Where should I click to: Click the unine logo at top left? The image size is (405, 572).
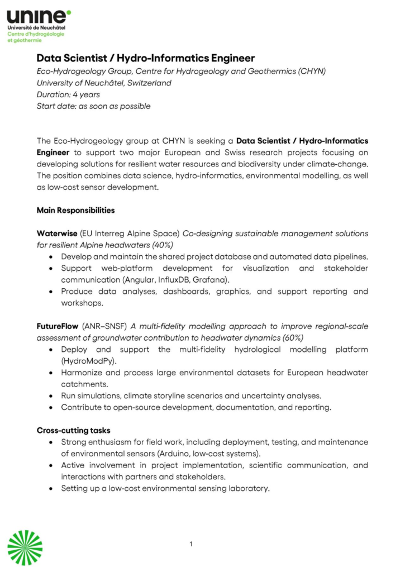(39, 17)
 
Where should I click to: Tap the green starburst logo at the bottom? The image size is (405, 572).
(25, 547)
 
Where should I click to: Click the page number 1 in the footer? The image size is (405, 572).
(191, 544)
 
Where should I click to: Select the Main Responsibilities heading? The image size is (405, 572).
(75, 211)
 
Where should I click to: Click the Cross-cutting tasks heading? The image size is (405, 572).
(73, 430)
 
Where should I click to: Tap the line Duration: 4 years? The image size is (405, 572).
(68, 94)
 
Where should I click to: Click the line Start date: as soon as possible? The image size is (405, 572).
(93, 106)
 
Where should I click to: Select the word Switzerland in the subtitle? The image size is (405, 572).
(147, 83)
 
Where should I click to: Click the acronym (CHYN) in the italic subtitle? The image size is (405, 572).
(311, 71)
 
